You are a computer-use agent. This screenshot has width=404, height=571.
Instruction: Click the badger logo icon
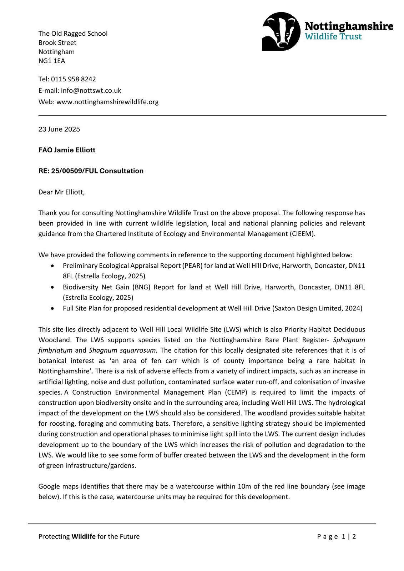pyautogui.click(x=281, y=31)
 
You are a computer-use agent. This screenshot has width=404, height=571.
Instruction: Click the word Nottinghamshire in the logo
pyautogui.click(x=349, y=26)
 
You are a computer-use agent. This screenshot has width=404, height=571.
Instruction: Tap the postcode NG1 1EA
pyautogui.click(x=52, y=61)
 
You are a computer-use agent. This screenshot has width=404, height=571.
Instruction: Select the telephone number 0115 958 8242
pyautogui.click(x=73, y=79)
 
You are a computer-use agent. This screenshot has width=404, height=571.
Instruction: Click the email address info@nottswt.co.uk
pyautogui.click(x=91, y=90)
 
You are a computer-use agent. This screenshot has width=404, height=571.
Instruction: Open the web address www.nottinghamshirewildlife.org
pyautogui.click(x=107, y=102)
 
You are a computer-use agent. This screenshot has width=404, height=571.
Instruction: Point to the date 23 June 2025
pyautogui.click(x=59, y=129)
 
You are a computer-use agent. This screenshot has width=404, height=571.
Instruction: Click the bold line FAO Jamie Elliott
pyautogui.click(x=67, y=150)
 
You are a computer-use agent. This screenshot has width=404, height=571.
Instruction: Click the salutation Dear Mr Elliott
pyautogui.click(x=61, y=192)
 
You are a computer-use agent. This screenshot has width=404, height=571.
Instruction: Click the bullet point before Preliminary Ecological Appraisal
pyautogui.click(x=53, y=266)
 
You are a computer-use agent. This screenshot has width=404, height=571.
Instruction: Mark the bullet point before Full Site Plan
pyautogui.click(x=53, y=308)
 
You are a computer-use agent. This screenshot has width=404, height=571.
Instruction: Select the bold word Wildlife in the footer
pyautogui.click(x=84, y=536)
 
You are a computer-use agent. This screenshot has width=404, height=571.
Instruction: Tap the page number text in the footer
pyautogui.click(x=336, y=536)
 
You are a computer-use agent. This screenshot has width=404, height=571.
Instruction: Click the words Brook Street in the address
pyautogui.click(x=57, y=42)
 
